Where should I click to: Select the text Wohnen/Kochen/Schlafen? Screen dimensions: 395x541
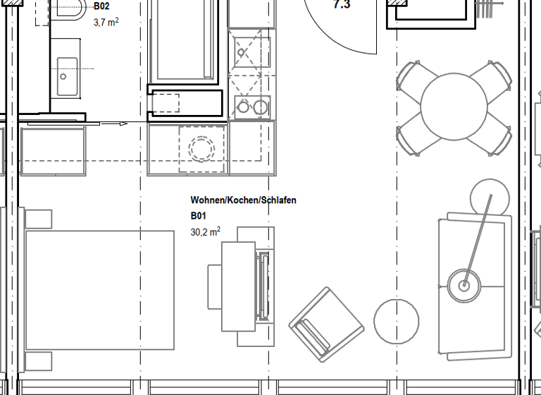click(243, 200)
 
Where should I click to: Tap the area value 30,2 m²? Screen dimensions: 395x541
click(205, 231)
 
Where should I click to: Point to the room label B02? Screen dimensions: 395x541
click(101, 7)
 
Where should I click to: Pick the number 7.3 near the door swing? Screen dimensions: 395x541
click(341, 5)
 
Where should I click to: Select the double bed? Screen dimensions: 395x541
click(99, 290)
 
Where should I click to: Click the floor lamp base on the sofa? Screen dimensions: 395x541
click(464, 285)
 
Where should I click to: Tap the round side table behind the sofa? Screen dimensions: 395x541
click(490, 197)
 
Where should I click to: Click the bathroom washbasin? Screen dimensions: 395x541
click(68, 76)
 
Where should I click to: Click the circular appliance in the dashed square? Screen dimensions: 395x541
click(202, 149)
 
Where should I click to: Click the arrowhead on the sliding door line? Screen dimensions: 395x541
click(123, 123)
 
